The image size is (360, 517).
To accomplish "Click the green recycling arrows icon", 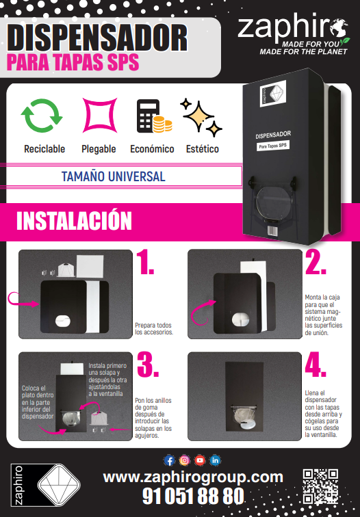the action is [42, 116].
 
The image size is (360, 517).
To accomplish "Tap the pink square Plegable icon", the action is [100, 115].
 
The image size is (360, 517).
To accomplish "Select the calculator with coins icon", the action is [154, 116].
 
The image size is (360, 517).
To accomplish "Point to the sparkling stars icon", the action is [201, 117].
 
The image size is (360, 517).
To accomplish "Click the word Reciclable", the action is [44, 149].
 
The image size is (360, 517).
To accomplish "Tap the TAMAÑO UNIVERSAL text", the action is [113, 176].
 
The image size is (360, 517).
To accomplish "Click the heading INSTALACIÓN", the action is [74, 221].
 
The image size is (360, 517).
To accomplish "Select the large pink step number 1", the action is [145, 262].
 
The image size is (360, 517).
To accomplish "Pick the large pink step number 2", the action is [316, 262].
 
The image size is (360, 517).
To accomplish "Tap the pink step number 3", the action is [148, 364].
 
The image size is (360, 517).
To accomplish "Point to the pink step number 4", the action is [316, 364].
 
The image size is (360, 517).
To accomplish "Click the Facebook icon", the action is [169, 460].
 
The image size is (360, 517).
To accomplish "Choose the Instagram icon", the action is [185, 460].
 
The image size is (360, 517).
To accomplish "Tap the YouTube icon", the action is [200, 460].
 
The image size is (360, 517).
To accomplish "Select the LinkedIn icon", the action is [215, 460].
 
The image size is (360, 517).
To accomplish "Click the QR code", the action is [320, 486].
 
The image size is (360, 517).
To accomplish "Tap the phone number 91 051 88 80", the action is [194, 496].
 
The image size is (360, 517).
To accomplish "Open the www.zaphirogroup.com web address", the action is [193, 477].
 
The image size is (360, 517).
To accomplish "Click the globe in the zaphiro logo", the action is [339, 29].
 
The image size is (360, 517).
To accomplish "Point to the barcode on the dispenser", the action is [272, 230].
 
